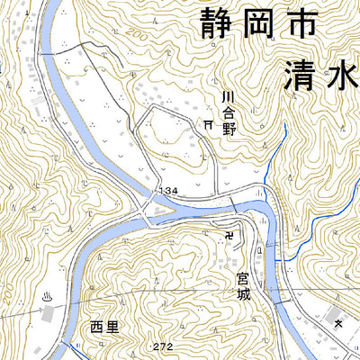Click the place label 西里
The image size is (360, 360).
(104, 328)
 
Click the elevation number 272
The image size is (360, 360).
(163, 346)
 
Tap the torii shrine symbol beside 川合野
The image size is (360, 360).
(208, 123)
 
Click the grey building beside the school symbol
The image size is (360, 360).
(335, 318)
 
